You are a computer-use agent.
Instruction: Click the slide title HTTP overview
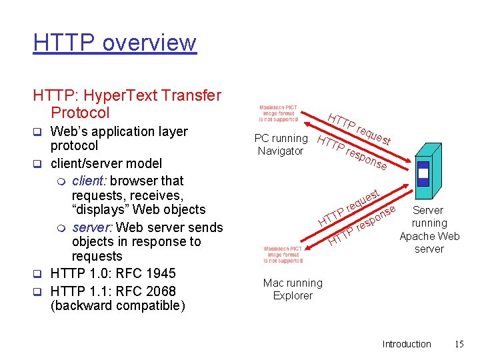(114, 43)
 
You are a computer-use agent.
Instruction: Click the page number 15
(459, 344)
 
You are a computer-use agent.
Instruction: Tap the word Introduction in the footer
(406, 344)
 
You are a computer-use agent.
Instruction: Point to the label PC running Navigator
(281, 145)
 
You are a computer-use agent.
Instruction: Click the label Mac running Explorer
(292, 289)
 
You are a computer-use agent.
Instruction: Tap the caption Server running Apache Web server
(429, 229)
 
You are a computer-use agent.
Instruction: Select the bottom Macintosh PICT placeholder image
(283, 255)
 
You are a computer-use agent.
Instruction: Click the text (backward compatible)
(117, 306)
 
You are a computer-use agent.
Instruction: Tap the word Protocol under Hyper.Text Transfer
(80, 113)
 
